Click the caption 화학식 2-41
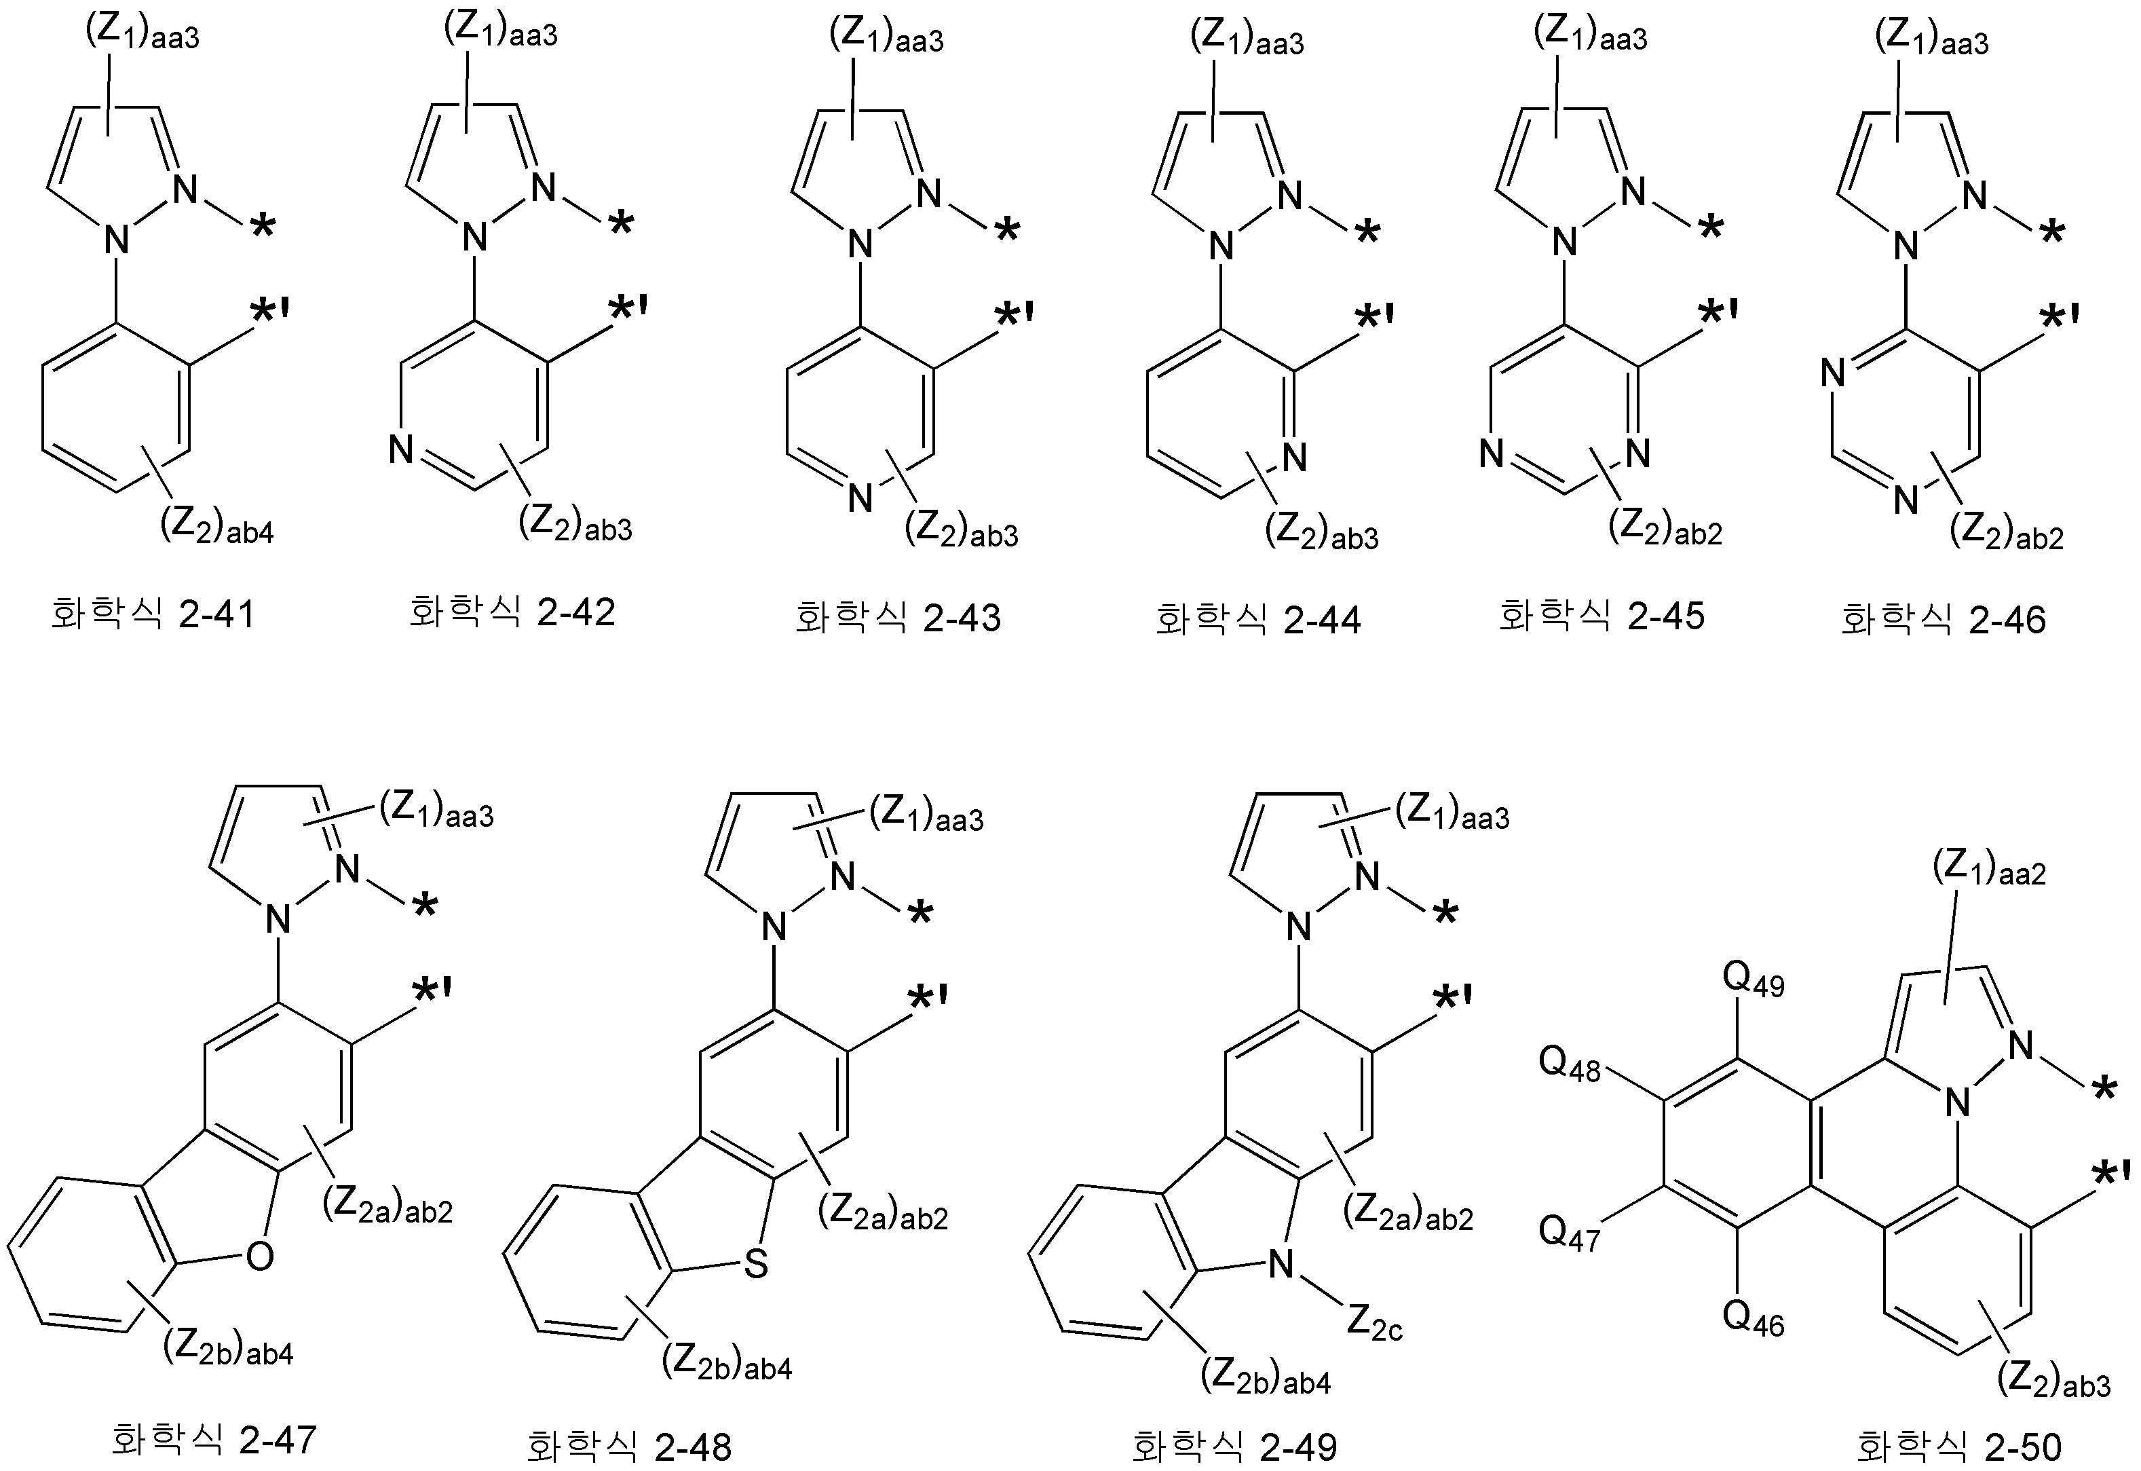pyautogui.click(x=152, y=613)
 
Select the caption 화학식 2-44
pyautogui.click(x=1257, y=618)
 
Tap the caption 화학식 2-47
pyautogui.click(x=214, y=1438)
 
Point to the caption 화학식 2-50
pyautogui.click(x=1958, y=1446)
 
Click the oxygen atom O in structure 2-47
pyautogui.click(x=261, y=1255)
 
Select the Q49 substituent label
pyautogui.click(x=1753, y=982)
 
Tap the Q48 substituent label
pyautogui.click(x=1570, y=1066)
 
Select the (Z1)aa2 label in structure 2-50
pyautogui.click(x=1989, y=868)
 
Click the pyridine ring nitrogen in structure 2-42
pyautogui.click(x=401, y=449)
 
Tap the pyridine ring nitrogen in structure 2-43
pyautogui.click(x=860, y=498)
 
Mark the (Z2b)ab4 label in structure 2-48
pyautogui.click(x=727, y=1363)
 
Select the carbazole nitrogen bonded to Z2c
pyautogui.click(x=1281, y=1265)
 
